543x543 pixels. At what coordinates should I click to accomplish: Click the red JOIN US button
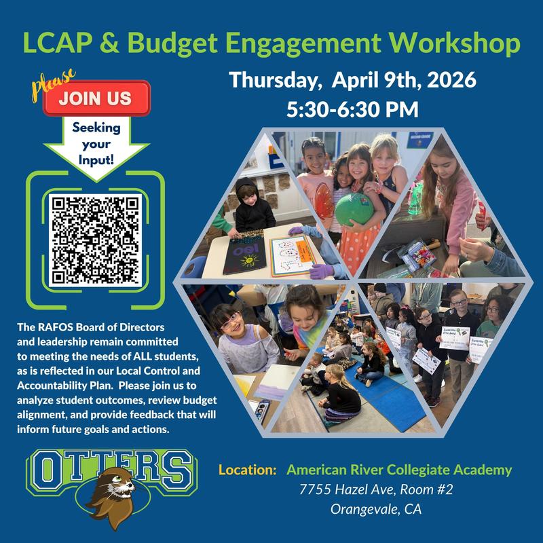tap(96, 98)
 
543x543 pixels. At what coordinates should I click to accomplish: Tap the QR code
tap(96, 239)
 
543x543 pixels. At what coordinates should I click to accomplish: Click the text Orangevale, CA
tap(375, 509)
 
